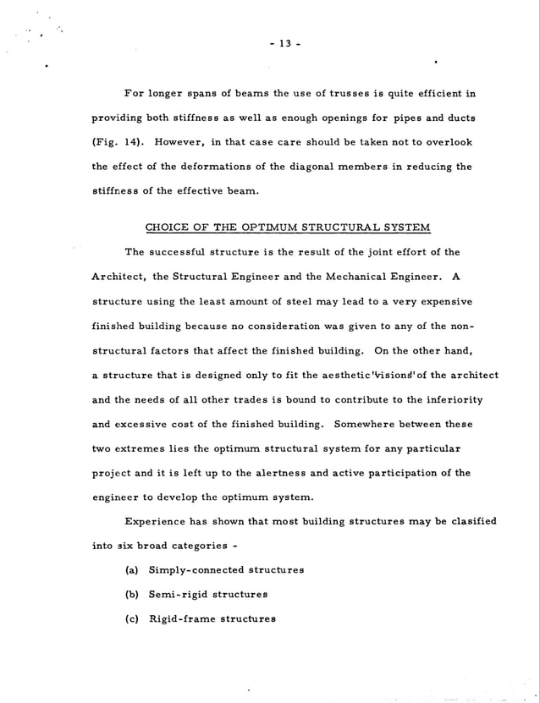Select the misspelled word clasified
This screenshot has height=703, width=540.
[470, 522]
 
